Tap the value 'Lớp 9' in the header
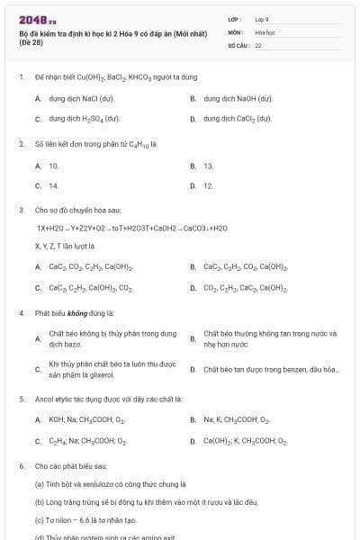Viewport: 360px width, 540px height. coord(262,19)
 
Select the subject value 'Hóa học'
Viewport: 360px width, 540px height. coord(265,31)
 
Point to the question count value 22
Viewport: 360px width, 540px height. coord(258,44)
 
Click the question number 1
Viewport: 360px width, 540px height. coord(21,77)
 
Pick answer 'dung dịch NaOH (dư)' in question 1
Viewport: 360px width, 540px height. coord(238,97)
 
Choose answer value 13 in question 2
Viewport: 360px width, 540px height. coord(209,166)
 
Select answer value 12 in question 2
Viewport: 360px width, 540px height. coord(209,185)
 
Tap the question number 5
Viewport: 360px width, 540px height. coord(21,399)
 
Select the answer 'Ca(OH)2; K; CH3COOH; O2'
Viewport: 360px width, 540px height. coord(245,441)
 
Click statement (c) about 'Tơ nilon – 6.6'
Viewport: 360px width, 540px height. coord(85,519)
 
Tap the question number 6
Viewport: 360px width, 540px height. coord(21,467)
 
